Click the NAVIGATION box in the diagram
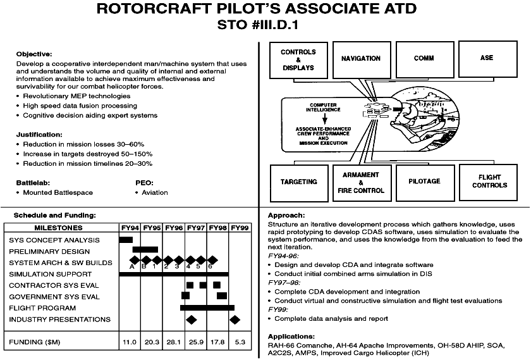(362, 60)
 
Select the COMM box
(425, 59)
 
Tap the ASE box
(487, 59)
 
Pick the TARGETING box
(299, 183)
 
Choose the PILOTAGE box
(425, 183)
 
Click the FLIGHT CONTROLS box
(488, 182)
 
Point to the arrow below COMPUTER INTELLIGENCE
(325, 119)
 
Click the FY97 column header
(196, 228)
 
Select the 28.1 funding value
(173, 342)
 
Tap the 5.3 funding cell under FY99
(240, 342)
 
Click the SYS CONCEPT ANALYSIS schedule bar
(126, 240)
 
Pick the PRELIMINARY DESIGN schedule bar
(145, 249)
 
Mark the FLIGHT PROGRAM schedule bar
(207, 307)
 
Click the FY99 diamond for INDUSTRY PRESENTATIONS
(235, 320)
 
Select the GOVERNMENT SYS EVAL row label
(54, 297)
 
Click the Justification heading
(39, 135)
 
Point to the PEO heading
(144, 183)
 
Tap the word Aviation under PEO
(155, 192)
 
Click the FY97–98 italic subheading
(284, 282)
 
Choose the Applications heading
(291, 337)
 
